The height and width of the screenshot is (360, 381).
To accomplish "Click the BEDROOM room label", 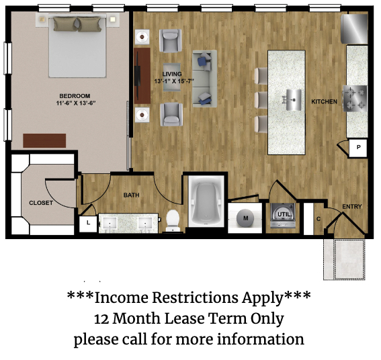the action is tap(75, 96).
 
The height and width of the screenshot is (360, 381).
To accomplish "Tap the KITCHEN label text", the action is tap(324, 101).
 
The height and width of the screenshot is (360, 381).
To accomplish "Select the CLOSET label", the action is tap(41, 203).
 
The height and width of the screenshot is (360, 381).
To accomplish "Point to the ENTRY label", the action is tap(352, 206).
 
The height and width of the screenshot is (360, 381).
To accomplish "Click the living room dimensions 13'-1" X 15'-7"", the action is tap(174, 81).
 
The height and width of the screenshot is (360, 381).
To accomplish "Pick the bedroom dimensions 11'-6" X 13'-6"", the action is tap(75, 103).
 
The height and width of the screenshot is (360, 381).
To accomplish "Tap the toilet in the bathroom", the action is tap(173, 220).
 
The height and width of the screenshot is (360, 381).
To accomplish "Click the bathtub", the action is tap(206, 201).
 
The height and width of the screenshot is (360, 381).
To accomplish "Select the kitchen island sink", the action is tap(294, 100).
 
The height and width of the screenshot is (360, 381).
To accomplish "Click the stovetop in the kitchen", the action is tap(355, 98).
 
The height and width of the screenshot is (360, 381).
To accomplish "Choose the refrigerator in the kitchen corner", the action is tap(354, 29).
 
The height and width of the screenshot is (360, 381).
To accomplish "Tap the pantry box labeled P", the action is tap(358, 148).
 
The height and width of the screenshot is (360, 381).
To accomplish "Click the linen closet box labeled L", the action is tap(88, 224).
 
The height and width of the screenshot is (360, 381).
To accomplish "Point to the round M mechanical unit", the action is tap(245, 218).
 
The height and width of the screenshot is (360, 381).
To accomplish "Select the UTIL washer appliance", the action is tap(283, 216).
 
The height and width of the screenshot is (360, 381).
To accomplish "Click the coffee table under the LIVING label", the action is tap(172, 77).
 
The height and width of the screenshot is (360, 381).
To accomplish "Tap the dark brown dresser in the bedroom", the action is tap(44, 140).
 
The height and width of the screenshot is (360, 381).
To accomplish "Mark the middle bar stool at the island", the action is tap(261, 100).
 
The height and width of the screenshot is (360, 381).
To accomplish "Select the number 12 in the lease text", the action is tap(101, 319).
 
